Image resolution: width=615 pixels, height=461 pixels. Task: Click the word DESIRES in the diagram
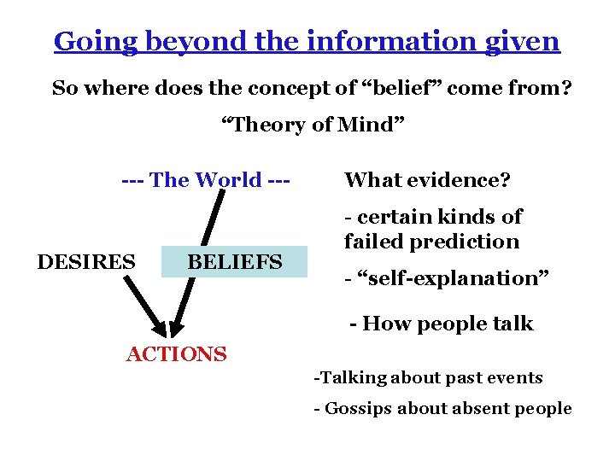[86, 261]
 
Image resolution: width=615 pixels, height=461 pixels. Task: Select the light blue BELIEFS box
[234, 262]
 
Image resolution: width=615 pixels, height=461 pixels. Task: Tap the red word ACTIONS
[177, 353]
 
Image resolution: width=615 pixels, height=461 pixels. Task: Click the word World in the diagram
[228, 180]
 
